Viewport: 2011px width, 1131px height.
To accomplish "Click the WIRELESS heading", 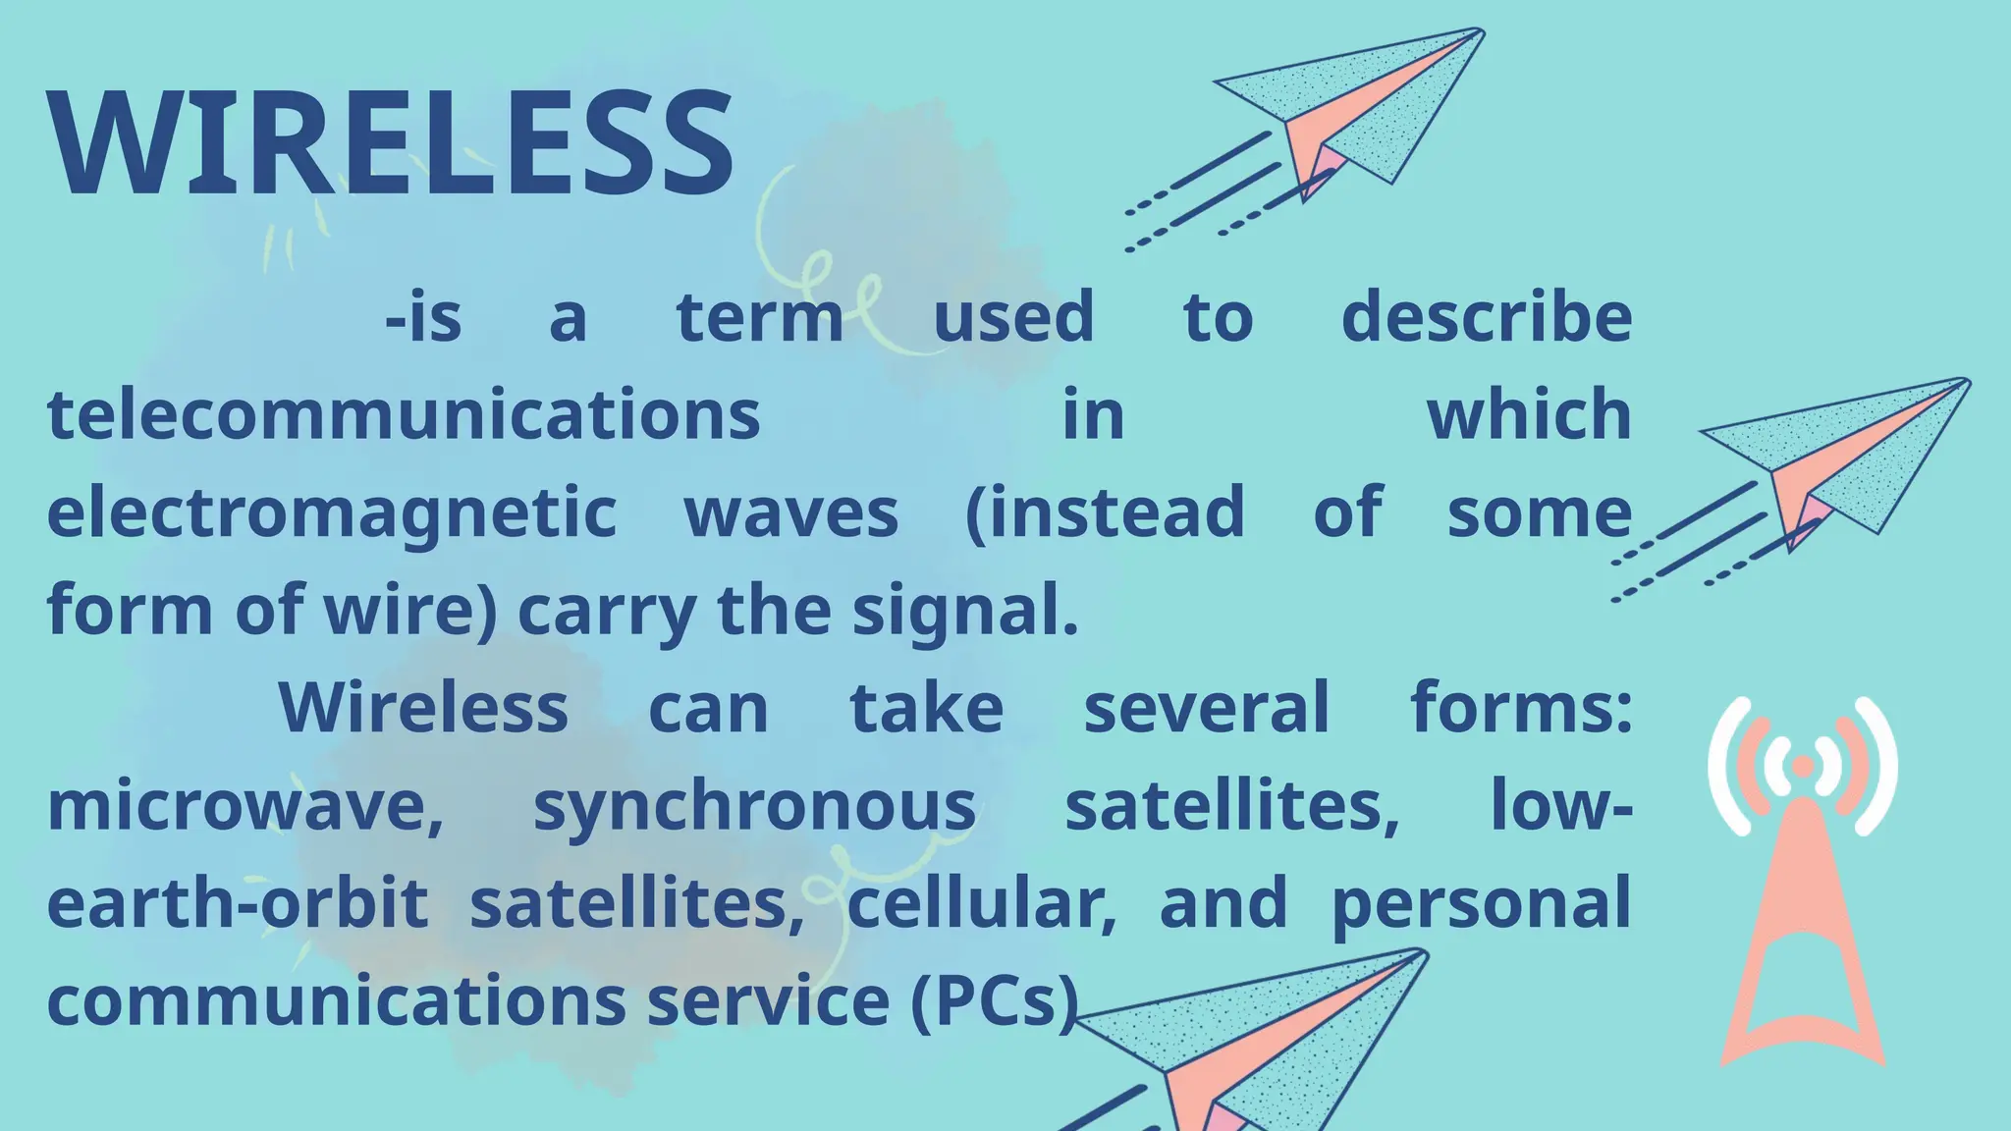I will (x=391, y=144).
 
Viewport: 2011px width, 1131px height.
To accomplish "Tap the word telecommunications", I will (x=404, y=414).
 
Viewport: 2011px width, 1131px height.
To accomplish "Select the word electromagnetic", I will (x=332, y=512).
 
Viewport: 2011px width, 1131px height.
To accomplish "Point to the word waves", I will (x=791, y=512).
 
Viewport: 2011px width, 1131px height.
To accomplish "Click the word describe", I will (x=1486, y=317).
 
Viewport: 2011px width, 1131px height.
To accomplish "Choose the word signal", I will (x=964, y=611).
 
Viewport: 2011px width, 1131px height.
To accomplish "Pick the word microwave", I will (x=245, y=807).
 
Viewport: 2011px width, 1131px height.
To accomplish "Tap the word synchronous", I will (x=754, y=807).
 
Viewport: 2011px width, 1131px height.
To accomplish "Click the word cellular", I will (x=981, y=903).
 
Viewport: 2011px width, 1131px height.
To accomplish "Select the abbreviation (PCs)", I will (x=994, y=1001).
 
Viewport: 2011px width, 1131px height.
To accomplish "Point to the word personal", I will (x=1481, y=903).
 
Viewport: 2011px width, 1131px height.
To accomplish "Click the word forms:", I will (x=1521, y=708).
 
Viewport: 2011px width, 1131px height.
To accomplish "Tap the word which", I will (x=1529, y=414).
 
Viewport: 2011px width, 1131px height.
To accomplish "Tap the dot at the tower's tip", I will (x=1803, y=765).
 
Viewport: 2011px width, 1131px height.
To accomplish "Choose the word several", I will (x=1206, y=708).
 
